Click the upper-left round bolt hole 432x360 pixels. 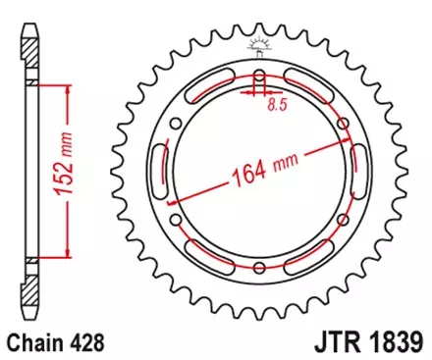point(175,123)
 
